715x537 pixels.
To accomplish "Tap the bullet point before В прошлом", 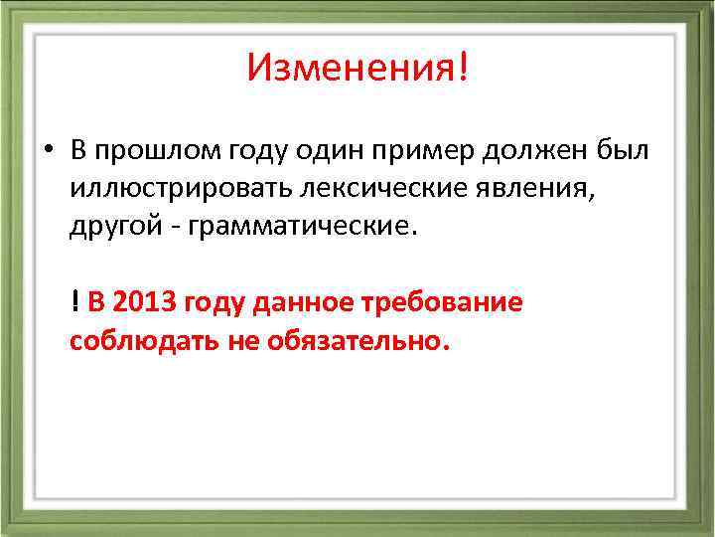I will tap(47, 150).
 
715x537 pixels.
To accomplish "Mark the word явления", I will tap(540, 187).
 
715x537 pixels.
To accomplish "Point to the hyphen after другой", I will tap(165, 225).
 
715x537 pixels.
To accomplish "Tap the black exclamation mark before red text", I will tap(75, 302).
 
